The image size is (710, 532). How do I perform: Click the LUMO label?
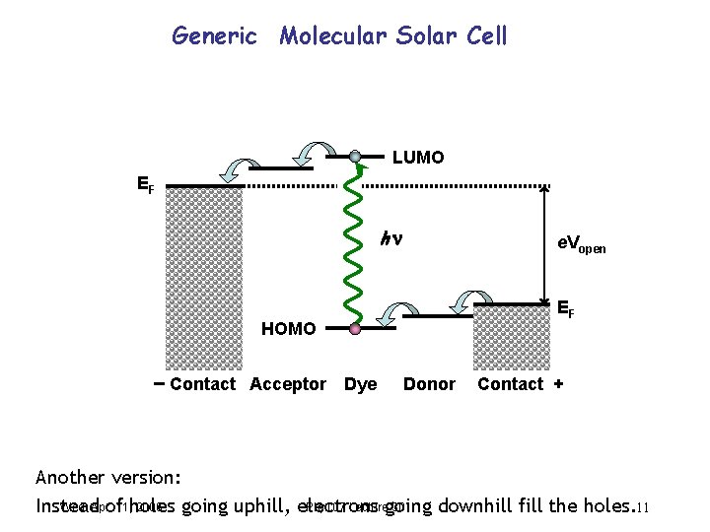tap(418, 158)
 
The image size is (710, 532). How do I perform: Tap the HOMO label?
tap(288, 329)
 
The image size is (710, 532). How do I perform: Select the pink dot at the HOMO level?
tap(355, 330)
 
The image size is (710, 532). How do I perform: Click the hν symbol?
tap(393, 238)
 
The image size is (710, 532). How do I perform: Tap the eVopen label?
tap(581, 244)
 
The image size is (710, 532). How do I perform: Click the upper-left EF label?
tap(145, 183)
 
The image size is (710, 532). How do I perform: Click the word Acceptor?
tap(288, 384)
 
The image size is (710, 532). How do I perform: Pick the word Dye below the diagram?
tap(360, 384)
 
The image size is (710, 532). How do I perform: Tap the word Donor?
tap(429, 384)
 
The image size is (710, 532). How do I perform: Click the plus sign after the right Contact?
tap(559, 383)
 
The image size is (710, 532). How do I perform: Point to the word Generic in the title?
tap(214, 36)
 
